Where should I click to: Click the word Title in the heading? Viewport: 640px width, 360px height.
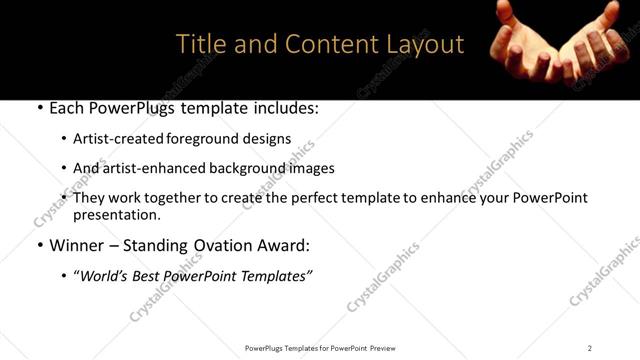point(199,45)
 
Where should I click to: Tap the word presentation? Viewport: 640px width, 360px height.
point(116,214)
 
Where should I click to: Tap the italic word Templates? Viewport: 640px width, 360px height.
point(275,275)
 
